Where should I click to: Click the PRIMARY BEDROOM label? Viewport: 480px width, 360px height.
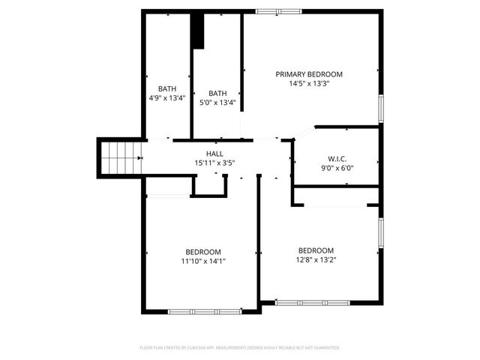coord(309,74)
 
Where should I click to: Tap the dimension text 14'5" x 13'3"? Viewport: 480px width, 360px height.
coord(309,84)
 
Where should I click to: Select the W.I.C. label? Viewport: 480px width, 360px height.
coord(337,158)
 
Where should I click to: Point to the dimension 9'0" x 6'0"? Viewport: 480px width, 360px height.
coord(337,168)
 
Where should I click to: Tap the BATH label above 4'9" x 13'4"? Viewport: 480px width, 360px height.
coord(166,88)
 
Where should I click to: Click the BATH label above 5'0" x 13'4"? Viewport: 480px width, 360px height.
coord(217,93)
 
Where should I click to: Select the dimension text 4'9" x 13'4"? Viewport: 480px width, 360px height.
coord(166,98)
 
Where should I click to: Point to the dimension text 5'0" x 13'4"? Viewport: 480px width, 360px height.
coord(217,103)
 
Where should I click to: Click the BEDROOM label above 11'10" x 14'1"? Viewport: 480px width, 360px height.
coord(203,251)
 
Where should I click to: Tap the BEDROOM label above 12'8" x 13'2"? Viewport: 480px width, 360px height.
coord(316,250)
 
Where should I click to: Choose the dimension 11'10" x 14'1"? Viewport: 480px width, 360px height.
coord(203,261)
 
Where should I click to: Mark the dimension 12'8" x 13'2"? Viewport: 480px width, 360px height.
coord(316,260)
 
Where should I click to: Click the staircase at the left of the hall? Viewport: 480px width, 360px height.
coord(120,157)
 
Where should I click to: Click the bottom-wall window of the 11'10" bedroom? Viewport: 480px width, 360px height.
coord(204,311)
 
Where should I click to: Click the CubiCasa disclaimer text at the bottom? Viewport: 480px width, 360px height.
coord(240,348)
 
